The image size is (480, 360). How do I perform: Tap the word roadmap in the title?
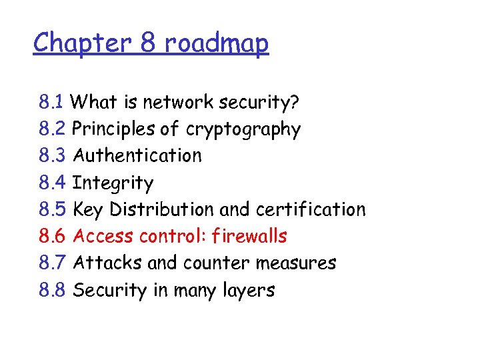pos(216,43)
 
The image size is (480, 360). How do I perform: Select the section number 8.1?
pos(51,102)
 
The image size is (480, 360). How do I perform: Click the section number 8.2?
pos(52,129)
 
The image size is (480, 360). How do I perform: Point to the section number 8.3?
pos(52,155)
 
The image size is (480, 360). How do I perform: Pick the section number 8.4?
pos(52,183)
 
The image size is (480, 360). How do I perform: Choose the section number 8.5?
pos(52,209)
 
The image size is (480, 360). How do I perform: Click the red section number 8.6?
pos(52,236)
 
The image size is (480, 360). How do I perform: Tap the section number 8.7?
pos(52,263)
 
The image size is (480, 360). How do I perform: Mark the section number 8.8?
pos(52,290)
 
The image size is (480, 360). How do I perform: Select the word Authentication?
pos(137,155)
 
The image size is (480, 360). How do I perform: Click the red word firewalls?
pos(247,236)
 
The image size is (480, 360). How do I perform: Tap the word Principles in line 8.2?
pos(105,129)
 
